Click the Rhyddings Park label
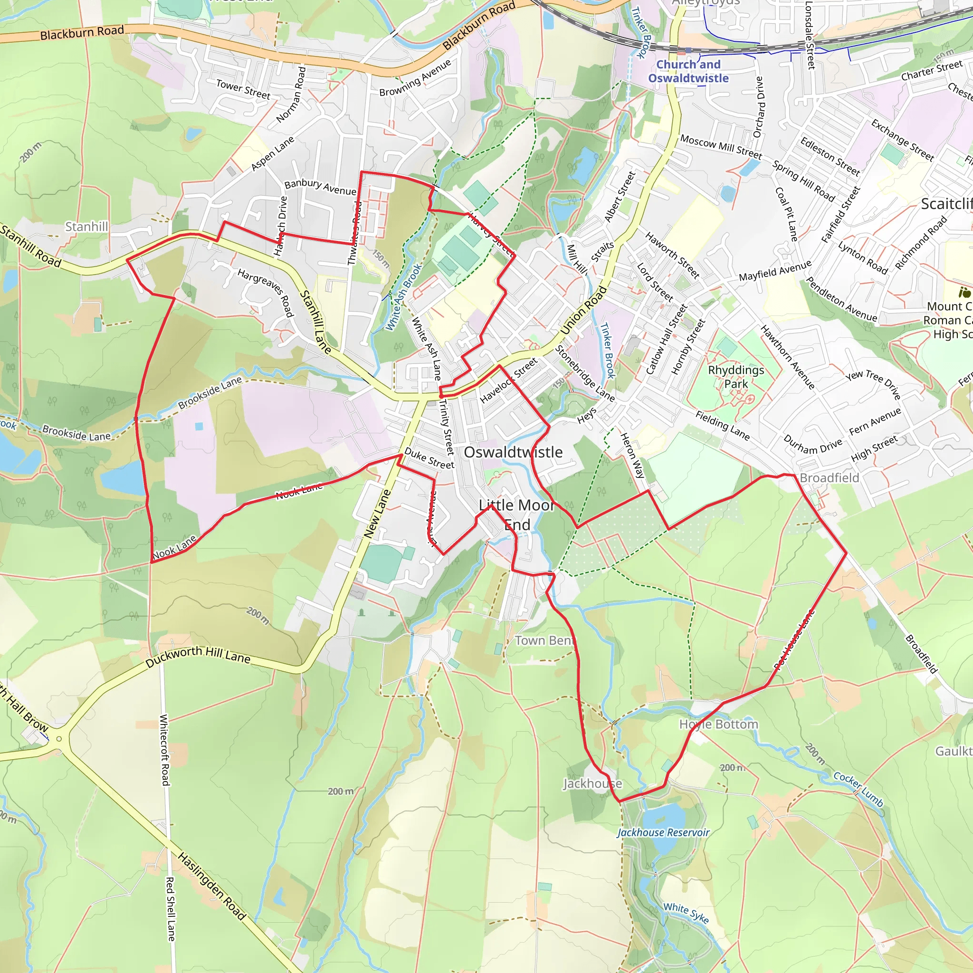[x=736, y=377]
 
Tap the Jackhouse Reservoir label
[x=663, y=832]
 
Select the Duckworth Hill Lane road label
[x=198, y=657]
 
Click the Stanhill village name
[x=86, y=227]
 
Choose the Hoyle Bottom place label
[x=719, y=724]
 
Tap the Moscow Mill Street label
[x=721, y=146]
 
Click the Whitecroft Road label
[x=165, y=749]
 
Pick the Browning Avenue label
[x=415, y=78]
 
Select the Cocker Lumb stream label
[x=858, y=789]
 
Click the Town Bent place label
[x=544, y=640]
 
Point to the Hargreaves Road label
[x=266, y=292]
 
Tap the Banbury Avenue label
[x=320, y=187]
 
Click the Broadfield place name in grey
[x=829, y=477]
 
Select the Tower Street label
[x=243, y=89]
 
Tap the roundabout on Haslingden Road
[x=59, y=739]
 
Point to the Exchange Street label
[x=903, y=140]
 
